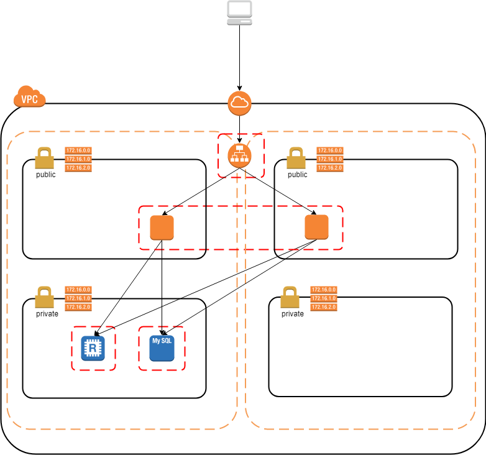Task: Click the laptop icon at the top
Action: click(239, 13)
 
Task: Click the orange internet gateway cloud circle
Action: click(239, 103)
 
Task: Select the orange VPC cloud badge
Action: click(29, 98)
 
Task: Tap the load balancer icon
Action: click(239, 155)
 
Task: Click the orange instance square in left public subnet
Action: click(162, 228)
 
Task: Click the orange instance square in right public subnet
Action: click(316, 227)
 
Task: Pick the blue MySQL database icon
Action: click(162, 348)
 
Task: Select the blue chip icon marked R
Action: click(93, 348)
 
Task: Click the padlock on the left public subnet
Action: click(44, 159)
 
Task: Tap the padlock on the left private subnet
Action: click(44, 298)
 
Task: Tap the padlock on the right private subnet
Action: click(290, 298)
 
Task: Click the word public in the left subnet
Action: click(45, 175)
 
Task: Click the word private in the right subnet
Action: click(293, 314)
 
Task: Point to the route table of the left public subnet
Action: click(78, 159)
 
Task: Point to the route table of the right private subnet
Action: click(324, 298)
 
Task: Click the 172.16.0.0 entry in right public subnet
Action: click(329, 150)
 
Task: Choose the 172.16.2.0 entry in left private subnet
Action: click(78, 307)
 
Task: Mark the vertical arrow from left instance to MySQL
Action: click(162, 286)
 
